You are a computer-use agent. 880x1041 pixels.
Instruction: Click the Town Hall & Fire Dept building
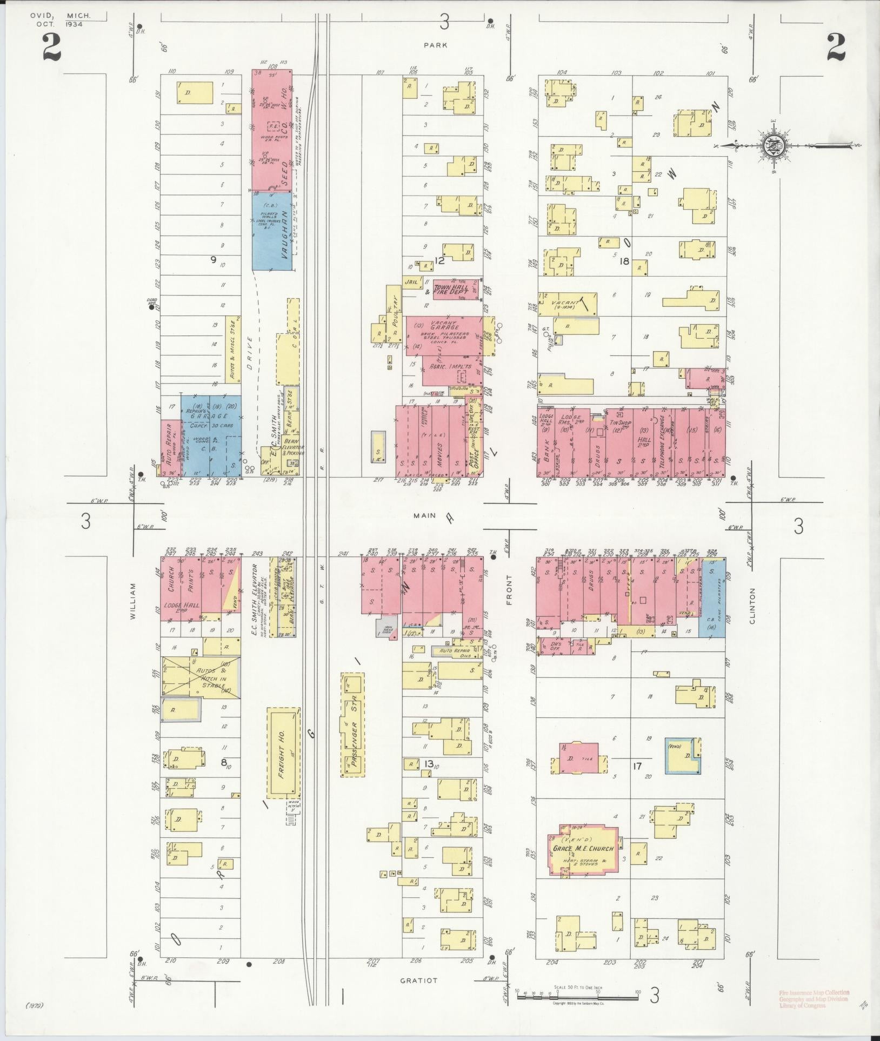click(455, 289)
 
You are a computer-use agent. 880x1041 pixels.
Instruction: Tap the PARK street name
click(436, 45)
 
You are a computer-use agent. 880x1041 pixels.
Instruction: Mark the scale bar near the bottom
click(577, 995)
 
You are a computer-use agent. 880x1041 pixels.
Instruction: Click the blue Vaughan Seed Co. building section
click(272, 230)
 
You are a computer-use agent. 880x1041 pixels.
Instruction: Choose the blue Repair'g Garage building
click(210, 435)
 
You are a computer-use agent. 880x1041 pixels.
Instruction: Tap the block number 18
click(625, 261)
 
